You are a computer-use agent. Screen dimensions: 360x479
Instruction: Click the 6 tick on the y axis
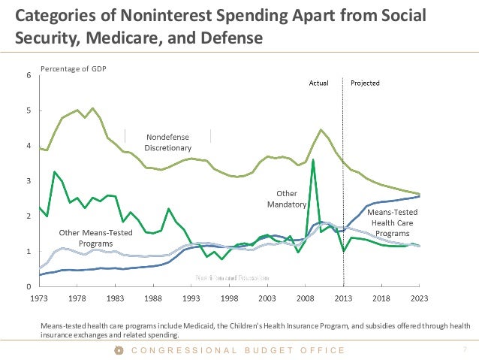click(29, 75)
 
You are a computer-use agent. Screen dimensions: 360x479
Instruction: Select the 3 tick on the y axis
click(29, 181)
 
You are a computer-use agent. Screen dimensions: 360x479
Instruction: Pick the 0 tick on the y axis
click(29, 287)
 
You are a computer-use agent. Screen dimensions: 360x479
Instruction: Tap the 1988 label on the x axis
click(153, 298)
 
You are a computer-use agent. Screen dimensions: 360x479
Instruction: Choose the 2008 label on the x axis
click(306, 298)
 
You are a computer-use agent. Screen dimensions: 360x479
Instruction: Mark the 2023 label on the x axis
click(420, 298)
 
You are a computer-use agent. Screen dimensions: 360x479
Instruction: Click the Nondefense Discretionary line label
click(168, 143)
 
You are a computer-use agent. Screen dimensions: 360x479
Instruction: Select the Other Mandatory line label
click(287, 198)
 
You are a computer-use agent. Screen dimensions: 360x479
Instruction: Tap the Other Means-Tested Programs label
click(95, 238)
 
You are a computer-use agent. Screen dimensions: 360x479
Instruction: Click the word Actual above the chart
click(320, 83)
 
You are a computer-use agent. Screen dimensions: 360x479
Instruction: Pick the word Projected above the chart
click(365, 83)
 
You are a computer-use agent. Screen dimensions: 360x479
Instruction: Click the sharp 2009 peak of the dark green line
click(312, 159)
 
